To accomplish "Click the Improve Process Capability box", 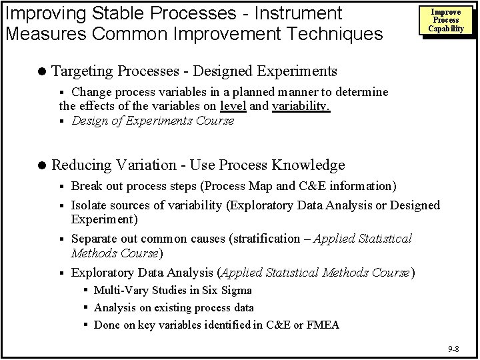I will pyautogui.click(x=446, y=20).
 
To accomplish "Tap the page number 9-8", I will pyautogui.click(x=453, y=349).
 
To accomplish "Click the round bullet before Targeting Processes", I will pyautogui.click(x=43, y=71).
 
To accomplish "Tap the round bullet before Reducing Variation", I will pyautogui.click(x=43, y=165).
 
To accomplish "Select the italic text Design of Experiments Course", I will pyautogui.click(x=153, y=121).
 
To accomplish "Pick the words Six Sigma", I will pyautogui.click(x=226, y=290).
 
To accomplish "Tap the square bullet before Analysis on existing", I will pyautogui.click(x=87, y=308).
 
